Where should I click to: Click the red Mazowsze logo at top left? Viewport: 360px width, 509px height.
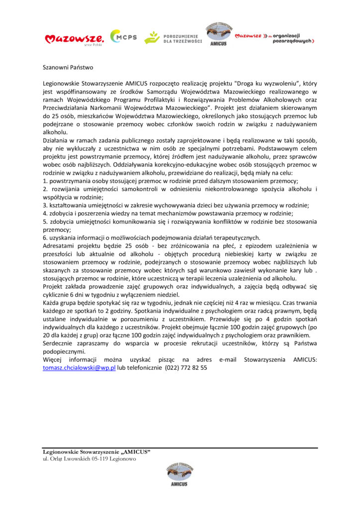pyautogui.click(x=74, y=38)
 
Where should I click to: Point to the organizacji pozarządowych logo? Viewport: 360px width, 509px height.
pyautogui.click(x=274, y=38)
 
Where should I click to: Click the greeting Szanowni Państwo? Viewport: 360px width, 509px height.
pyautogui.click(x=68, y=67)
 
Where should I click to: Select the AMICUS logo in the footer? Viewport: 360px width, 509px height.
pyautogui.click(x=180, y=474)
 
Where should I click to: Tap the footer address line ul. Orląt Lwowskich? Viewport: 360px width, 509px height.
pyautogui.click(x=89, y=459)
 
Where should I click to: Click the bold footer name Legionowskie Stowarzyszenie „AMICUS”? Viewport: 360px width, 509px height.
pyautogui.click(x=96, y=452)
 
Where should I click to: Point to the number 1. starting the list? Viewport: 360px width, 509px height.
pyautogui.click(x=45, y=181)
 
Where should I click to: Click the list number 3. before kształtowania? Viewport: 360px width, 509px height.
pyautogui.click(x=45, y=205)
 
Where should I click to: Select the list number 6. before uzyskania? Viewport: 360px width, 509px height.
pyautogui.click(x=45, y=238)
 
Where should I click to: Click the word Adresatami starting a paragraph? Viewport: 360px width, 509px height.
pyautogui.click(x=59, y=246)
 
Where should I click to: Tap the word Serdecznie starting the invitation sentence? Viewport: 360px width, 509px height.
pyautogui.click(x=59, y=343)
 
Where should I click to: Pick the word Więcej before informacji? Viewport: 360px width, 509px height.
pyautogui.click(x=54, y=359)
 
